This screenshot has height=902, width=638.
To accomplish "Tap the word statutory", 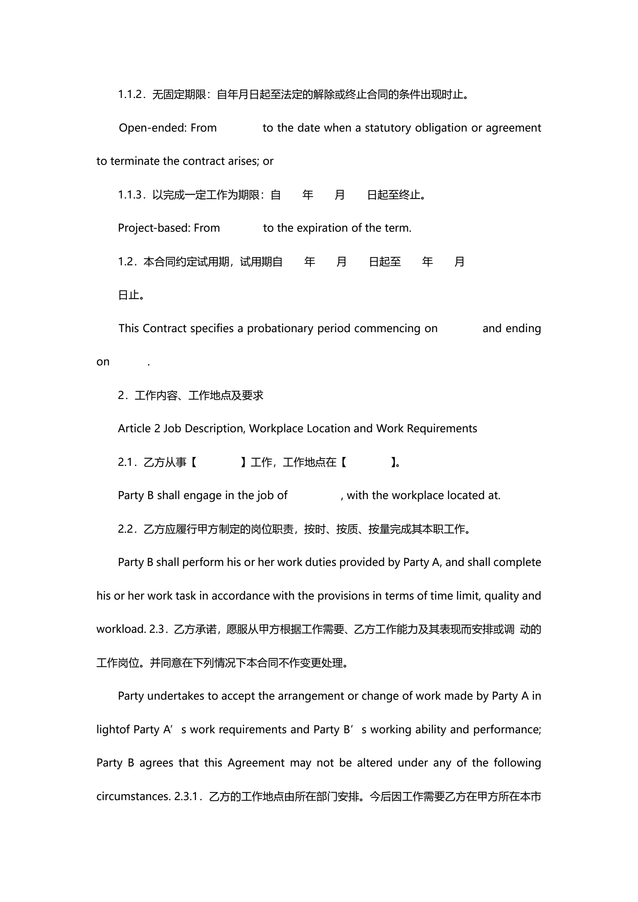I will click(x=388, y=128).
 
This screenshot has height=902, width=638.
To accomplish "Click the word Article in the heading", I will click(x=134, y=429).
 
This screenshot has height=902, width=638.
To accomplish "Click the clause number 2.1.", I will click(x=126, y=462).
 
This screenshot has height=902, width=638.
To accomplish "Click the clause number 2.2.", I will click(x=126, y=529).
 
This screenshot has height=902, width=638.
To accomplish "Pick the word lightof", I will click(x=113, y=730).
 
